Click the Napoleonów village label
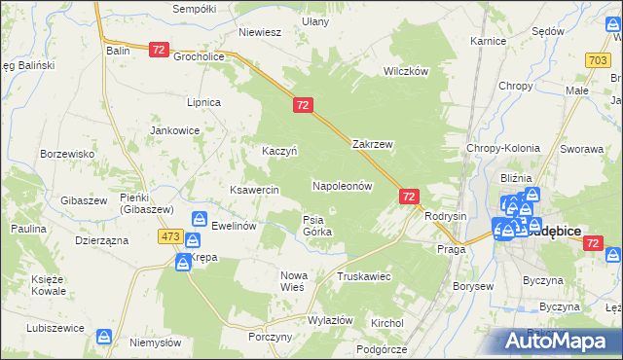click(x=342, y=185)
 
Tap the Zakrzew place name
click(x=372, y=144)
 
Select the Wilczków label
click(x=406, y=71)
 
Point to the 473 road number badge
click(x=172, y=236)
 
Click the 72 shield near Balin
click(x=160, y=48)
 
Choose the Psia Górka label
click(x=317, y=226)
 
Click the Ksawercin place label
click(x=254, y=189)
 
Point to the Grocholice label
click(x=200, y=56)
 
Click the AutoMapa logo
click(x=556, y=342)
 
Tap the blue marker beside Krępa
click(x=183, y=262)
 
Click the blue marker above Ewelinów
click(x=199, y=219)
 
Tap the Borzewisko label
click(x=66, y=154)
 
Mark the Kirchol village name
click(x=386, y=322)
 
